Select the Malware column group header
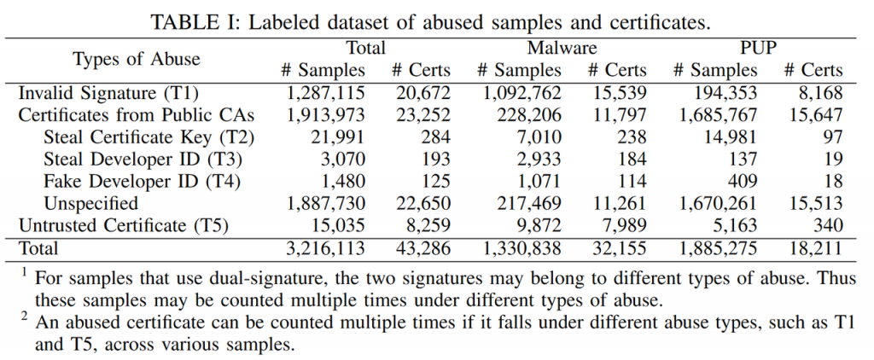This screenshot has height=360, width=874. point(561,48)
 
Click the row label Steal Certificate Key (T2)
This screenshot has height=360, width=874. point(150,136)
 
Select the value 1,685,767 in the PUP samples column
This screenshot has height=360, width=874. point(715,114)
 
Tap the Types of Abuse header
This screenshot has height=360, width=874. point(137,59)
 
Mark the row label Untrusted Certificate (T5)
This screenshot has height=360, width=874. point(126,226)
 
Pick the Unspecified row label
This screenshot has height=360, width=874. point(92,204)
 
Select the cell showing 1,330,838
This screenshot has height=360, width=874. point(520,249)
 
